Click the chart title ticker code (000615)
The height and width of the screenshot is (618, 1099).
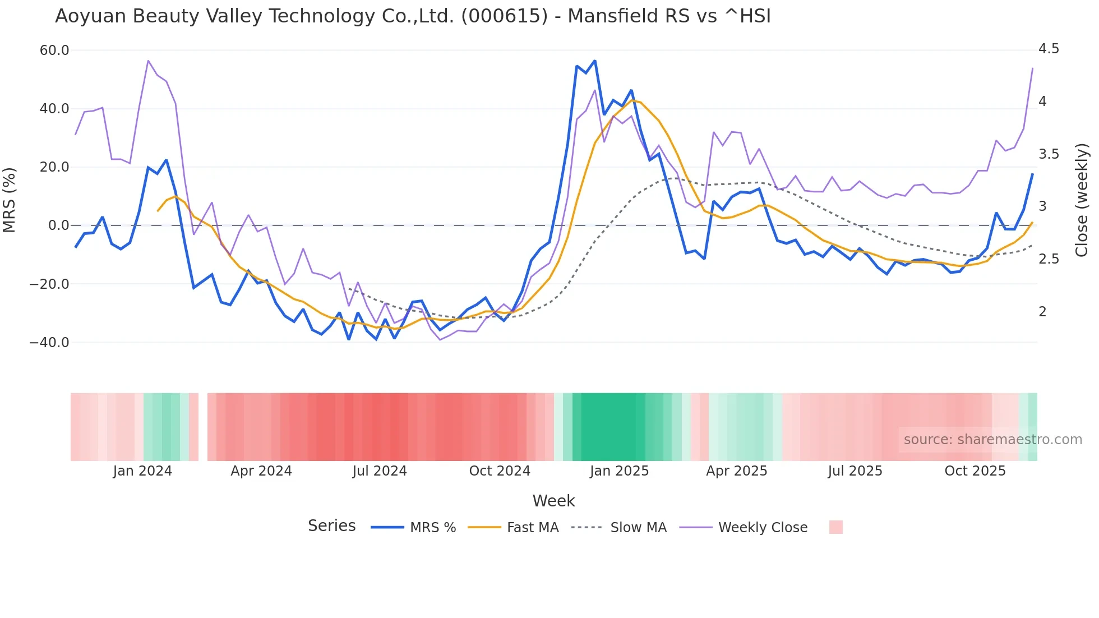pos(504,16)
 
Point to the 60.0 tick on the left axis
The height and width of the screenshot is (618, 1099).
pos(54,50)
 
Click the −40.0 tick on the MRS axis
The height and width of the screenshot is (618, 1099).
pos(49,342)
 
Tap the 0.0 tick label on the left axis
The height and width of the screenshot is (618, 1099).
pos(58,225)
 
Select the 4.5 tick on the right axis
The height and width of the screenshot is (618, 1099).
pos(1049,49)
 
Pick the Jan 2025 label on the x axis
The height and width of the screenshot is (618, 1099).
pos(619,471)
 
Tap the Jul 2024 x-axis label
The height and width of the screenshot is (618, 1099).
pos(380,471)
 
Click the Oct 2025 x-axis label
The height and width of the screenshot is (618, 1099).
pos(975,471)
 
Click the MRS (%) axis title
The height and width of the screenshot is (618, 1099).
pos(10,200)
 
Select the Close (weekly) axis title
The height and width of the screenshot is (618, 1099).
pos(1082,200)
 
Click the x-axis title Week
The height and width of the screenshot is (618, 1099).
pos(553,501)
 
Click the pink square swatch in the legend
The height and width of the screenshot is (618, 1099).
pos(835,527)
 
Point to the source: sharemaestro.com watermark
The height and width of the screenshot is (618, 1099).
pos(992,440)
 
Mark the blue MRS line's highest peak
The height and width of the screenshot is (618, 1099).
pos(595,61)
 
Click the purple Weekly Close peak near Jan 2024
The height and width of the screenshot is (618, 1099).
pos(148,61)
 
